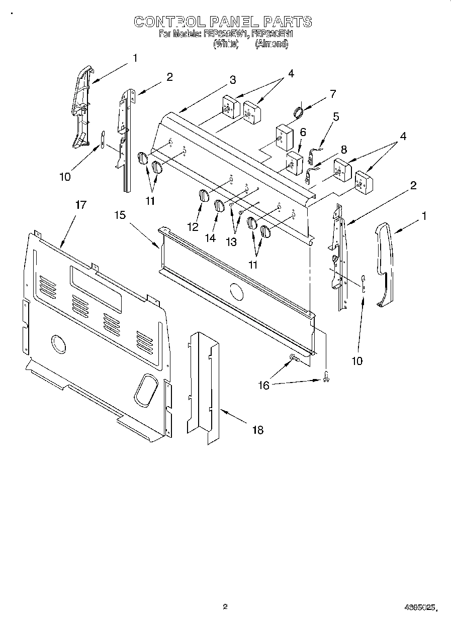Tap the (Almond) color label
272,44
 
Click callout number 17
80,205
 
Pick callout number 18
257,430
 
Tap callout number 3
233,80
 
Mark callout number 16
263,385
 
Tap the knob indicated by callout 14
219,205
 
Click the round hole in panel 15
235,290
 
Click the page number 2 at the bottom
225,606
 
